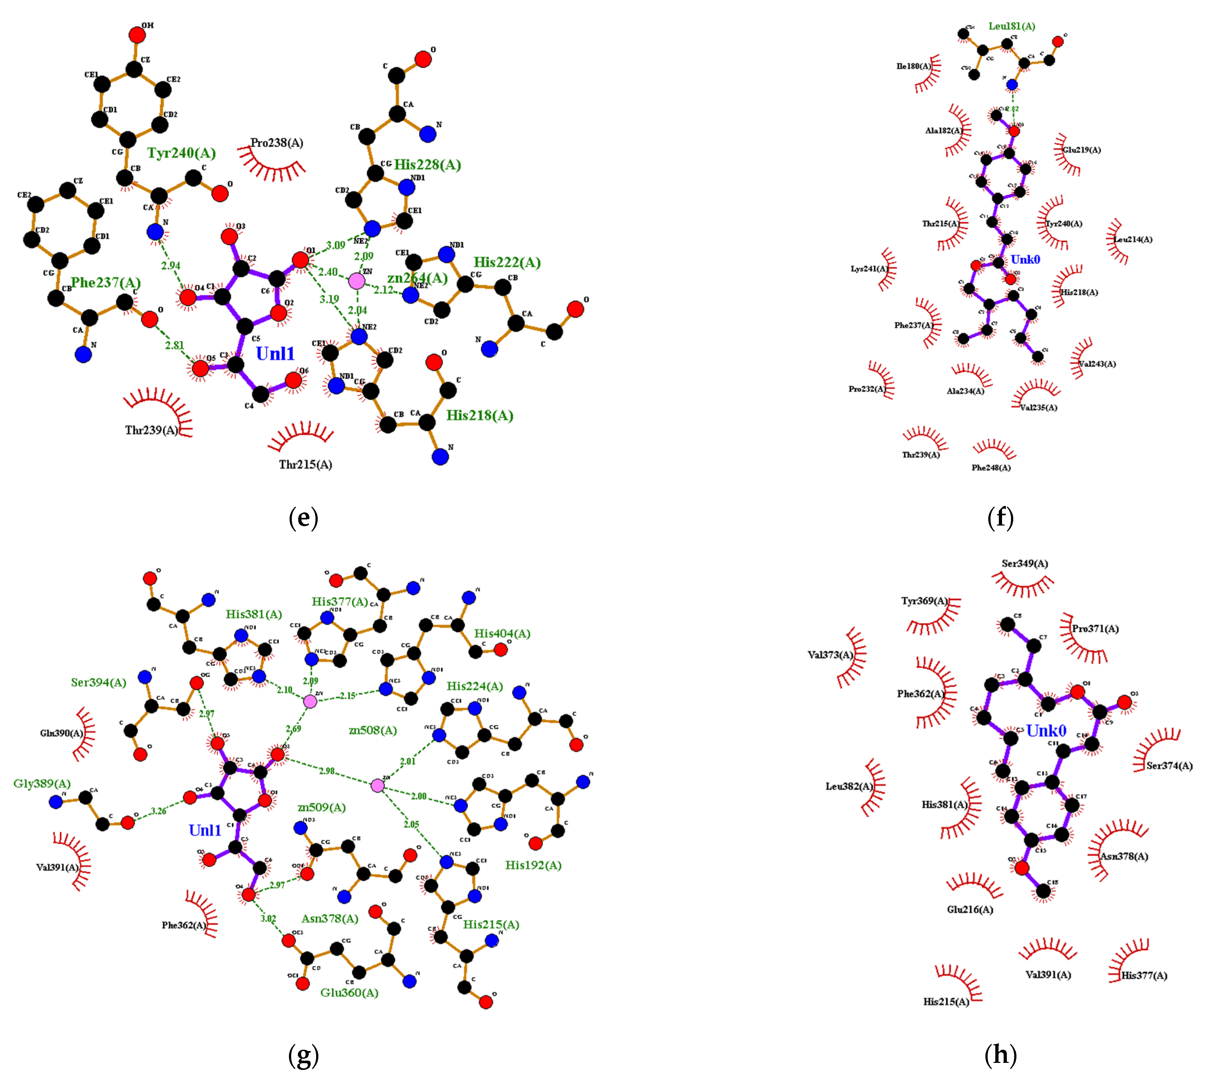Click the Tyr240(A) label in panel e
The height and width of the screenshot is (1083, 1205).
pyautogui.click(x=182, y=153)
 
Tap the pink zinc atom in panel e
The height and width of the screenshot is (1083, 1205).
pyautogui.click(x=356, y=281)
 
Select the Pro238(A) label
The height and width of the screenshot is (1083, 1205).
pyautogui.click(x=277, y=143)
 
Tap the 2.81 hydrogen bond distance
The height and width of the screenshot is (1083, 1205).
pyautogui.click(x=174, y=345)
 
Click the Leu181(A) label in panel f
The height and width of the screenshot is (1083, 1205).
pyautogui.click(x=1012, y=26)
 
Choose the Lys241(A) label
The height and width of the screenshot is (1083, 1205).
pyautogui.click(x=869, y=269)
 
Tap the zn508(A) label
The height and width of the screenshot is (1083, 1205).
pyautogui.click(x=372, y=730)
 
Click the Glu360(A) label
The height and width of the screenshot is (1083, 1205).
pyautogui.click(x=349, y=993)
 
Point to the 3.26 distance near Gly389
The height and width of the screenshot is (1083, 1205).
pyautogui.click(x=158, y=811)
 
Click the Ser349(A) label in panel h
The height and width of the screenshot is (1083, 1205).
pyautogui.click(x=1025, y=564)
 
